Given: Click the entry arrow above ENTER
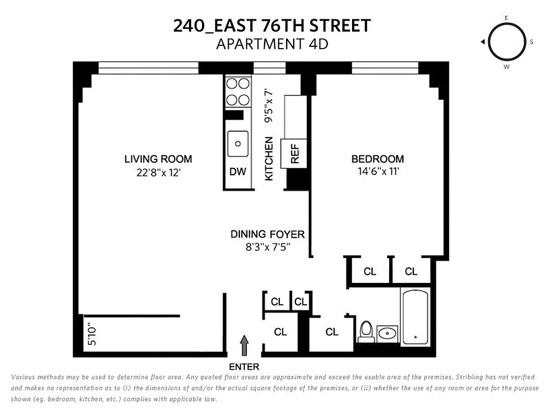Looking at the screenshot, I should [244, 345].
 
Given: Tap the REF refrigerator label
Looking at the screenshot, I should [295, 153].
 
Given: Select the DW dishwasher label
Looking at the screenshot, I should [238, 172].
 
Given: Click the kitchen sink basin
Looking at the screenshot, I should [238, 144].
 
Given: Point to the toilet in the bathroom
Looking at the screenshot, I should [366, 331].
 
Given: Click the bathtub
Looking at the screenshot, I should [415, 317].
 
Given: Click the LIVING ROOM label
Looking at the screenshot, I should [158, 159].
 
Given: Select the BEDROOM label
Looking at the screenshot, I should [378, 159].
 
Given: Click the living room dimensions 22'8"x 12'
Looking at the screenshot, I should [158, 173].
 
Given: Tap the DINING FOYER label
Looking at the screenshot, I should [268, 234].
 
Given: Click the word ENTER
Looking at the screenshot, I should [244, 367].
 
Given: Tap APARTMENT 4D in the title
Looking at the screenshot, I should [272, 44].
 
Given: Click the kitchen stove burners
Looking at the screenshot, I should [238, 91].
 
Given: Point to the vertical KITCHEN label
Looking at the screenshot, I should [269, 158].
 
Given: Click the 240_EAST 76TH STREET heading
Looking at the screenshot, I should [272, 25].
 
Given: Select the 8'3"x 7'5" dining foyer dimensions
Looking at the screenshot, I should [268, 247].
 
